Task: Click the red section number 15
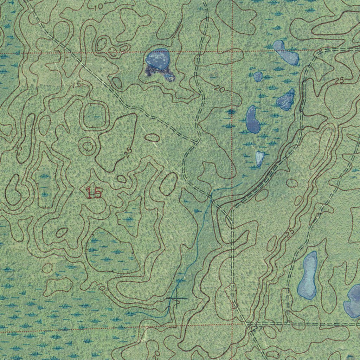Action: click(x=94, y=193)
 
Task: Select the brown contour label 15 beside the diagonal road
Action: click(x=77, y=84)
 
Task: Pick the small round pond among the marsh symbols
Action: click(x=258, y=76)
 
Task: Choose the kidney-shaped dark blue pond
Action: click(x=252, y=120)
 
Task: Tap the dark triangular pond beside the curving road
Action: click(x=286, y=100)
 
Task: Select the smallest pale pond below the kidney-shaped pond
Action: click(x=259, y=158)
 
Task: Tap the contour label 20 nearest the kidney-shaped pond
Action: click(x=220, y=90)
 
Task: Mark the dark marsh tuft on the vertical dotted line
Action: click(x=231, y=112)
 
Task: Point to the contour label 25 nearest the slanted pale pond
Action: click(x=339, y=81)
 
